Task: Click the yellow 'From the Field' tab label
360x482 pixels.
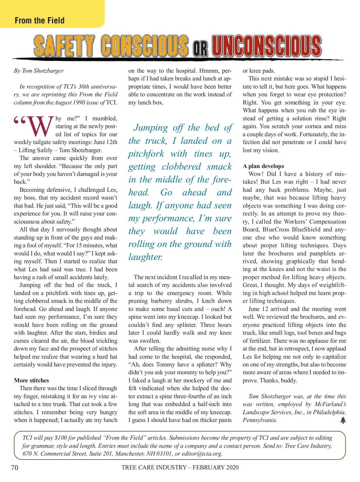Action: point(40,20)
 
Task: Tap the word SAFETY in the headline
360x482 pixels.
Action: point(64,46)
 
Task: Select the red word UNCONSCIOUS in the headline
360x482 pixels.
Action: point(266,46)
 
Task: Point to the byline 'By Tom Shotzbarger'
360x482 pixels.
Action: point(39,71)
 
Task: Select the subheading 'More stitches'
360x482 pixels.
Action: point(31,380)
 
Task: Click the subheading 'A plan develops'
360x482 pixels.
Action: point(263,166)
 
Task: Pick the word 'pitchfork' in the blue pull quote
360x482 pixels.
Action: point(146,154)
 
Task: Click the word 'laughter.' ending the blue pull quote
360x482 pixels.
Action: point(145,257)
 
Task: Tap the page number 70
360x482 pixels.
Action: point(15,468)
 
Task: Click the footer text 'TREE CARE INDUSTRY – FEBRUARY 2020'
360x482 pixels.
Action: point(180,467)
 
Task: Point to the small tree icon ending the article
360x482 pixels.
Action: point(343,420)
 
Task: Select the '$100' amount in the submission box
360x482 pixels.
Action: point(61,438)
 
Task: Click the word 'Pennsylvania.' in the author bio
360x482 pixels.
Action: point(260,420)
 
